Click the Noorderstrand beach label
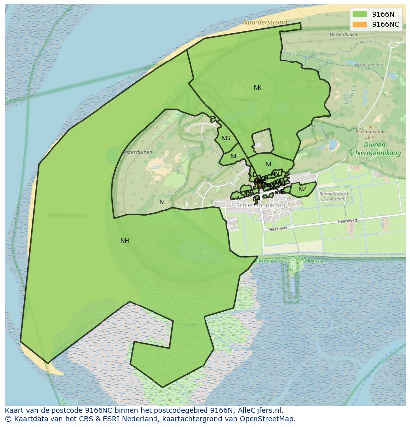(265, 22)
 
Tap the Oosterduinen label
(343, 35)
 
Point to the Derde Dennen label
(369, 64)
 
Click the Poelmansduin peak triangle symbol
(370, 127)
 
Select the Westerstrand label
(66, 216)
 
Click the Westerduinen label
(136, 152)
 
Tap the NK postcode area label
(257, 88)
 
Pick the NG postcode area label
(226, 138)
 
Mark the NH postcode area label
(125, 241)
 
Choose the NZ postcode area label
(302, 189)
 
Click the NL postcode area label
(269, 164)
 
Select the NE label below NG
(234, 156)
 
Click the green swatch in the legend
(360, 14)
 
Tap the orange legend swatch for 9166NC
(360, 24)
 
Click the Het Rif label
(190, 325)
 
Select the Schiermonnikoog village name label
(260, 205)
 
